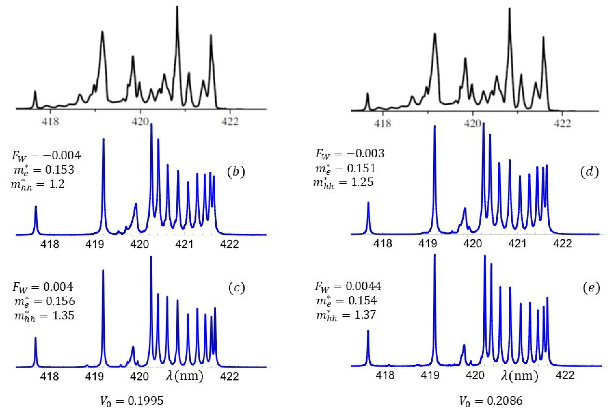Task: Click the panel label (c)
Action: pos(236,288)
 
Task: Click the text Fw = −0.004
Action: pos(46,156)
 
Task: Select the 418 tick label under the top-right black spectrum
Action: pos(382,123)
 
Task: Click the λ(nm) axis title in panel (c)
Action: pos(185,376)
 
